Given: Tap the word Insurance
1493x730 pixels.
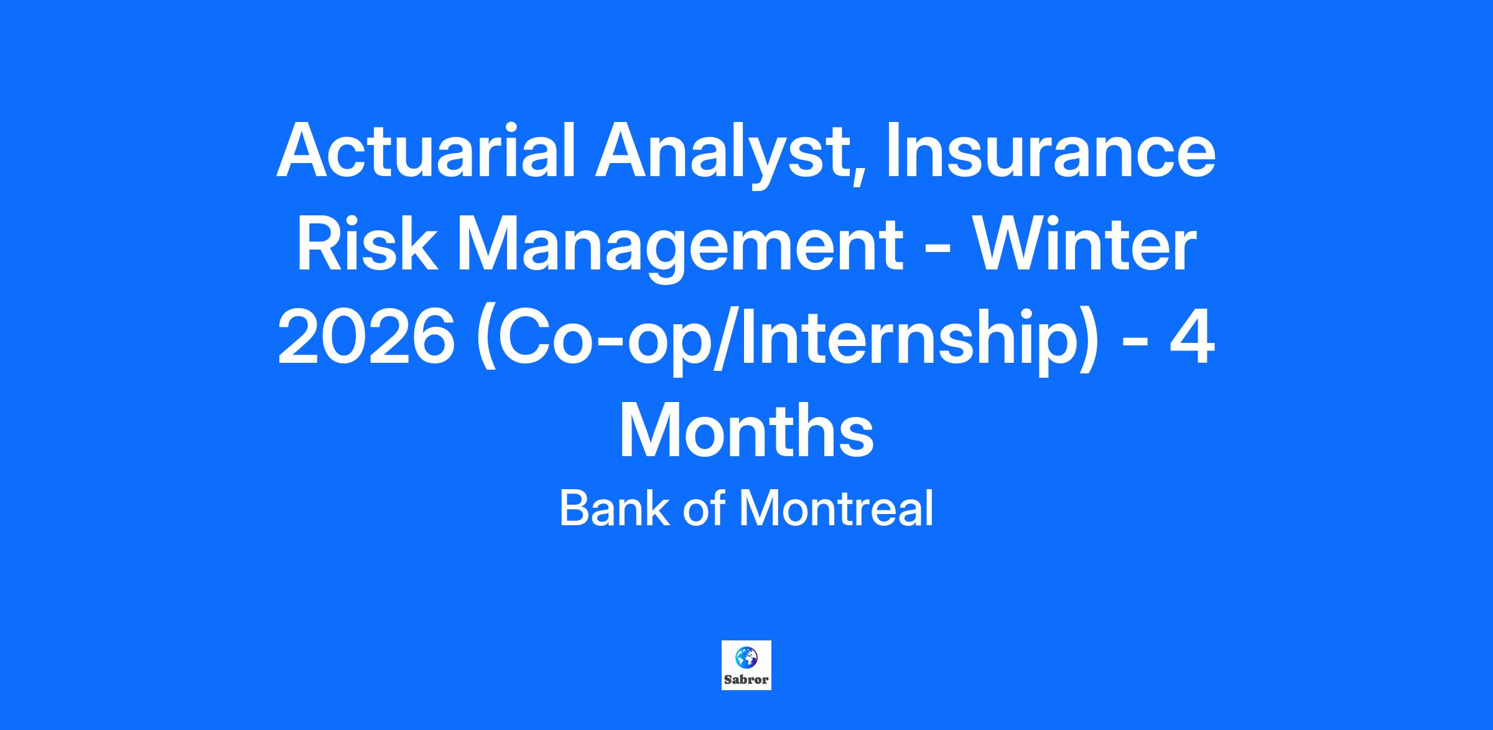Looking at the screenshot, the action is (1050, 151).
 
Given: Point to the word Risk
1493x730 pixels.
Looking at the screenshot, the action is (365, 245).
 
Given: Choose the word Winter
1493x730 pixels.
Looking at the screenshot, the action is (1084, 245).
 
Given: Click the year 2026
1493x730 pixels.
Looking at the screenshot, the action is (366, 338).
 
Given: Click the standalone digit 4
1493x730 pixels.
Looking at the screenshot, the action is (1191, 338).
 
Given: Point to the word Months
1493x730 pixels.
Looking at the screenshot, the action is (746, 431).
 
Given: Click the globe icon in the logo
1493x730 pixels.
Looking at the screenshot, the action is (746, 657).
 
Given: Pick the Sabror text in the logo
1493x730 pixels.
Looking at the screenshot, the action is (746, 680).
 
